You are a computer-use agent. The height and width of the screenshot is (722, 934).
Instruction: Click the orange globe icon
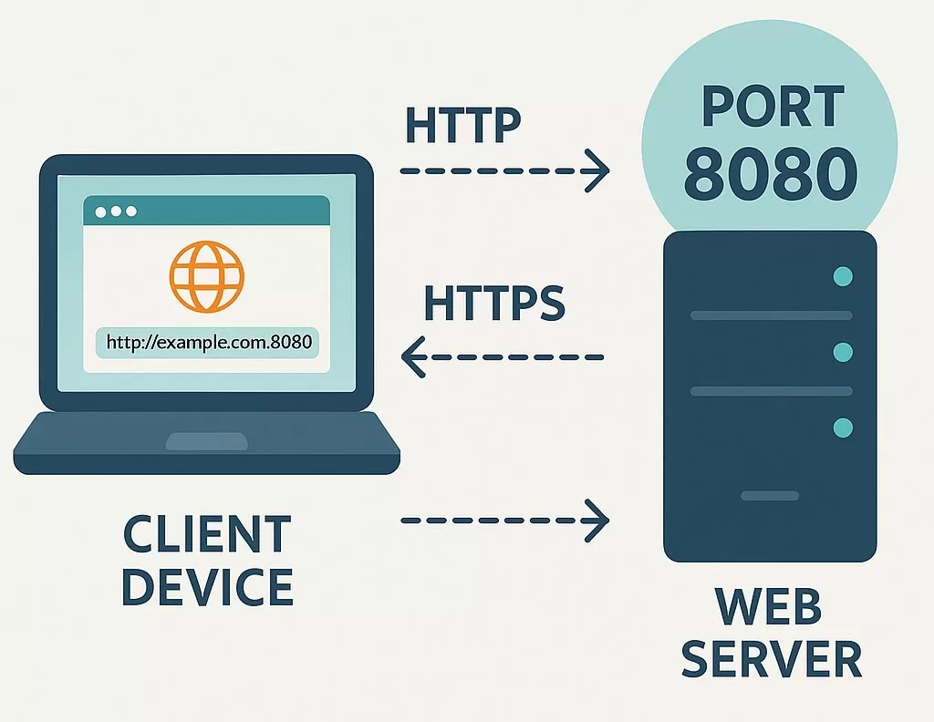(x=207, y=275)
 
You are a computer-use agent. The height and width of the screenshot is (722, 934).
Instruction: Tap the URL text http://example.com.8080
(x=209, y=344)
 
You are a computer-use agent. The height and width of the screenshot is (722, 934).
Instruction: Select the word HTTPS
(x=494, y=304)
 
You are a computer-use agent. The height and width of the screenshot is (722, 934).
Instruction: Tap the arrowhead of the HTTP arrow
(x=597, y=170)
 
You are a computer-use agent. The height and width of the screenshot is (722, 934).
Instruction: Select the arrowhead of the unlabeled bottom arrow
(x=597, y=521)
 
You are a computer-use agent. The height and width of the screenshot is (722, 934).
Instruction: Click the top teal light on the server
(x=843, y=276)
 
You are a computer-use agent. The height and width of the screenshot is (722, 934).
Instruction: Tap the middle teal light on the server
(x=843, y=352)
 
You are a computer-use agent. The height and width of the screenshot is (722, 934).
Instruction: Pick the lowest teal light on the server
(x=843, y=427)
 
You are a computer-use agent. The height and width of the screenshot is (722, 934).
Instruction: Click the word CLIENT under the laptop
(x=207, y=535)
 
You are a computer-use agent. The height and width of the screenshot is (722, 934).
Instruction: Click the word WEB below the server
(x=771, y=608)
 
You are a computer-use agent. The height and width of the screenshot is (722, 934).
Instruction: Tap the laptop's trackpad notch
(x=206, y=442)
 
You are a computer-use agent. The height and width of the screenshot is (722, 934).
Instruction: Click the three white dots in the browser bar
(x=116, y=211)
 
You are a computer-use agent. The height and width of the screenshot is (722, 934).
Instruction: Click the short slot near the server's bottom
(x=770, y=496)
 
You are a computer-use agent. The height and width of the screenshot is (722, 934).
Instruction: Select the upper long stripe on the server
(x=771, y=315)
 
